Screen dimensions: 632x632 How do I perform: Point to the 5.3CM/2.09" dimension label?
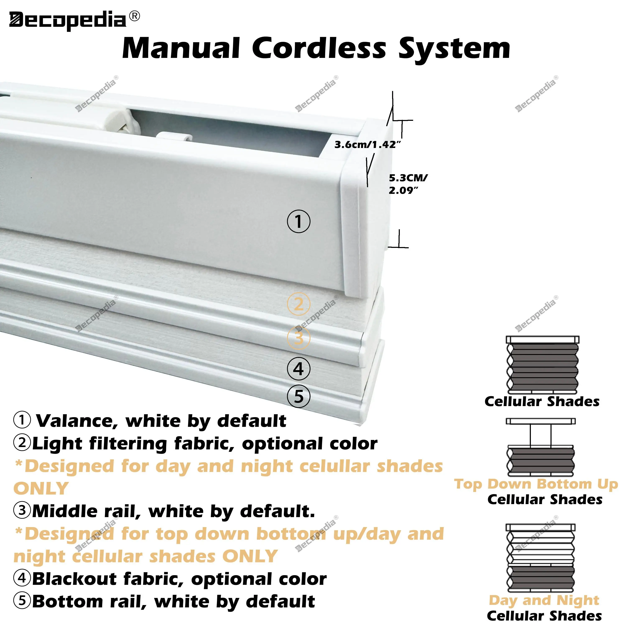(408, 184)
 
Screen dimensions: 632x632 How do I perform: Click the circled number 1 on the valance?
(298, 222)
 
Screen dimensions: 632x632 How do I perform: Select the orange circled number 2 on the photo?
(298, 304)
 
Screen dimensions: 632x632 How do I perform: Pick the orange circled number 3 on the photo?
(298, 338)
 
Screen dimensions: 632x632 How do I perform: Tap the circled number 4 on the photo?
(298, 369)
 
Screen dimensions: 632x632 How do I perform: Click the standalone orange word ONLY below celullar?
(41, 489)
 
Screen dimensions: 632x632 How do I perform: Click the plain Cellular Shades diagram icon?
(542, 365)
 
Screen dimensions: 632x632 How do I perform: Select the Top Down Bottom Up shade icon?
(541, 447)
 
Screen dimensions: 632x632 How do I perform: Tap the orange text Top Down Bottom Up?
(536, 484)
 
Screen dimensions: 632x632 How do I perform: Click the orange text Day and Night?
(544, 600)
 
